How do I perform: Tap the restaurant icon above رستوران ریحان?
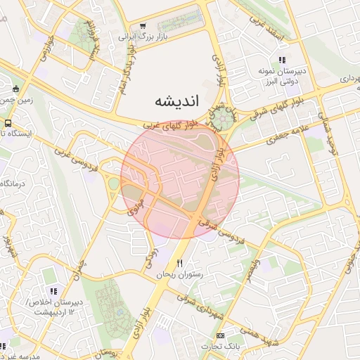pyautogui.click(x=180, y=262)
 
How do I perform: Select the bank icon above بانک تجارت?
pyautogui.click(x=221, y=335)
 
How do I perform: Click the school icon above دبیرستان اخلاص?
pyautogui.click(x=53, y=290)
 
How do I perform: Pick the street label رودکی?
pyautogui.click(x=150, y=258)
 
